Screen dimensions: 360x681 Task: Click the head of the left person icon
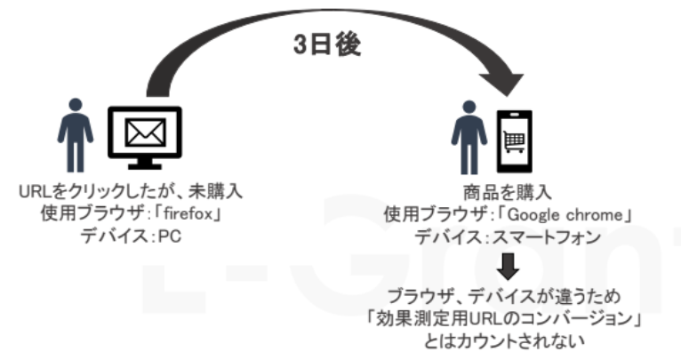coord(75,105)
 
